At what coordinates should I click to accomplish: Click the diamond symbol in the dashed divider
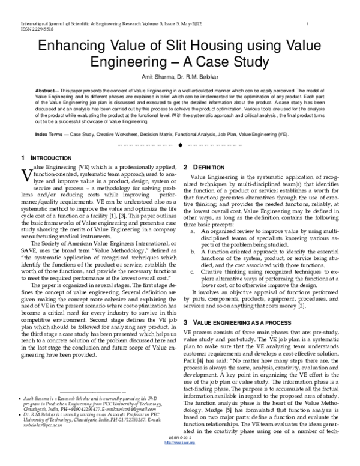click(179, 145)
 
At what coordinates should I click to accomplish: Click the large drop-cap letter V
click(25, 174)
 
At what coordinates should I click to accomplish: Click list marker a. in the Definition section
click(192, 230)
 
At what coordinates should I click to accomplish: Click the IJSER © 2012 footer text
click(179, 455)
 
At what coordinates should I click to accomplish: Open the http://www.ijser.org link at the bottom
click(179, 460)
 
